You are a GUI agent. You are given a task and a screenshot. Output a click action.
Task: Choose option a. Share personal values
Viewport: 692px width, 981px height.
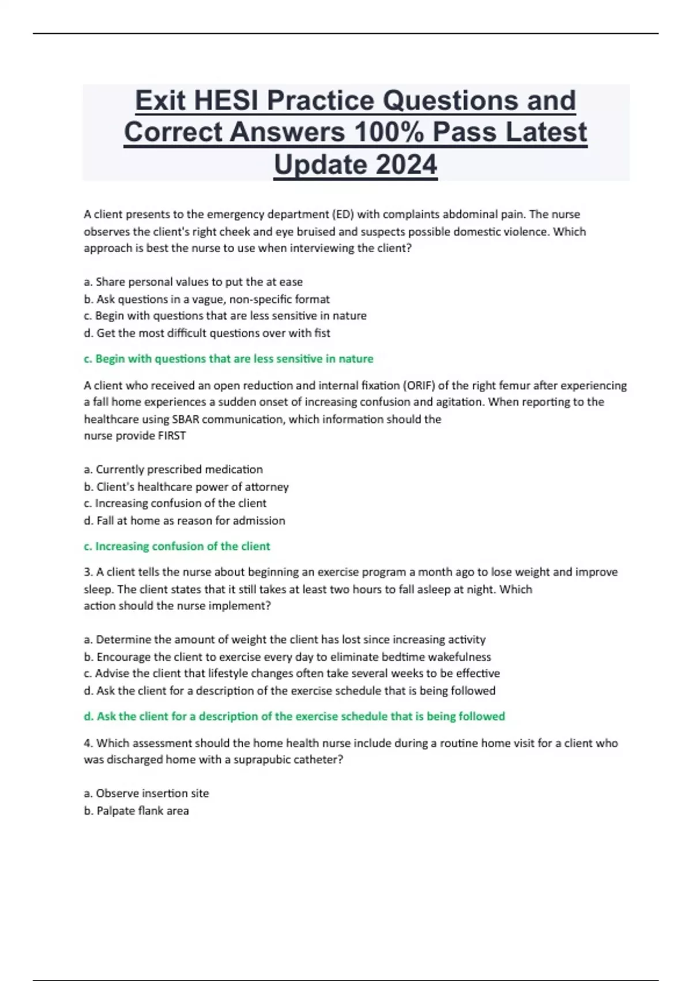tap(193, 282)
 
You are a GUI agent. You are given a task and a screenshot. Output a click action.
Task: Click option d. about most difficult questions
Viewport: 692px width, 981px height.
tap(207, 333)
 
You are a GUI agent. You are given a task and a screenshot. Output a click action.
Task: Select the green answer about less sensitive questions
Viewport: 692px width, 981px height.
tap(228, 359)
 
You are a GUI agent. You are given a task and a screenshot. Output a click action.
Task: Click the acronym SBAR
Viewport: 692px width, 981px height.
tap(185, 420)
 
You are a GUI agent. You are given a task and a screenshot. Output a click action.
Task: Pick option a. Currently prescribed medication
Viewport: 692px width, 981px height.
tap(173, 470)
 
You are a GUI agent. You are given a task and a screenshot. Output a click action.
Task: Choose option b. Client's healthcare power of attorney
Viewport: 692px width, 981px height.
tap(186, 487)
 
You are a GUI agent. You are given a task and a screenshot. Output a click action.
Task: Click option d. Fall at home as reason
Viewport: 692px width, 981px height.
tap(185, 521)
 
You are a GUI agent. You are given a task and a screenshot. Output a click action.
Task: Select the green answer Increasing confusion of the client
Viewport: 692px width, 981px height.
tap(176, 546)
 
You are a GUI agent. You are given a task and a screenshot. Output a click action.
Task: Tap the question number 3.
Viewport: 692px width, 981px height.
tap(88, 572)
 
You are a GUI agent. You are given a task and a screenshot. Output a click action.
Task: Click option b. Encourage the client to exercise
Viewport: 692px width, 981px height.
tap(287, 657)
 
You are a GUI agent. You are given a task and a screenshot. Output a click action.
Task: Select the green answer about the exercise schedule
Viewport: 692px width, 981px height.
tap(294, 717)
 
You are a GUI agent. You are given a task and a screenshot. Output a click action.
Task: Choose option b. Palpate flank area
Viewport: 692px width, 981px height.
tap(136, 811)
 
